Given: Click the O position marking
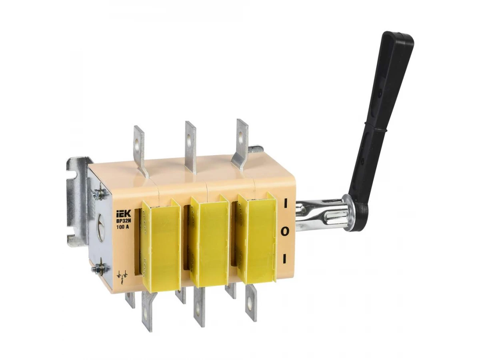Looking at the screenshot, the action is (x=284, y=232).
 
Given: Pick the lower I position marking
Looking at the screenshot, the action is (x=284, y=259).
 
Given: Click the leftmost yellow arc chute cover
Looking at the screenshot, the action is (x=161, y=244).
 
